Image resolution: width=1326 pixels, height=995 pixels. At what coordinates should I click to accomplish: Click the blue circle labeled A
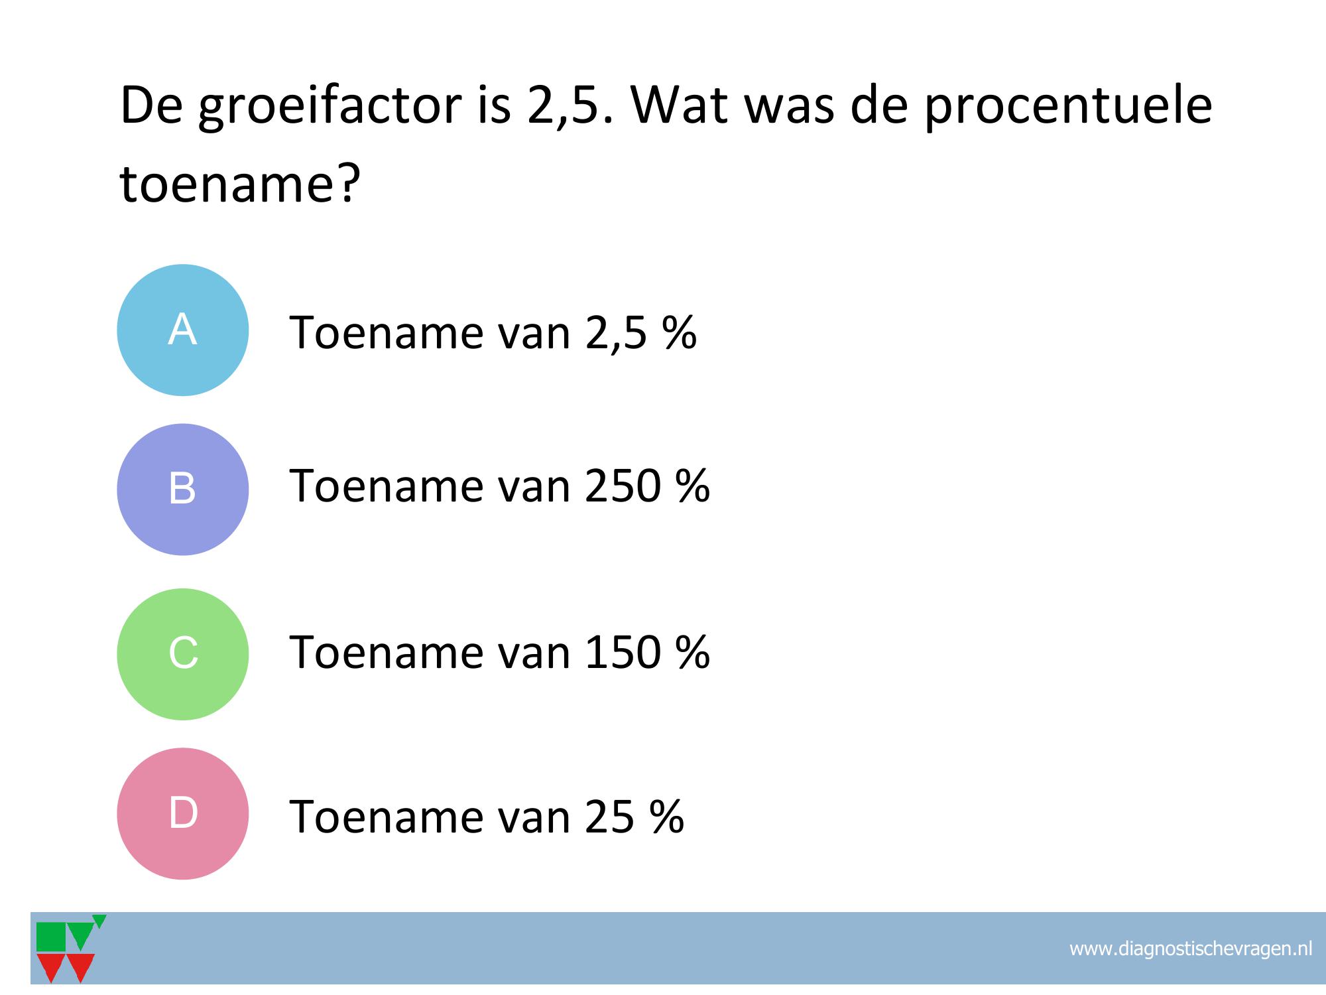coord(182,330)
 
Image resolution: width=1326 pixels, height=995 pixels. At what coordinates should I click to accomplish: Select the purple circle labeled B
coord(182,489)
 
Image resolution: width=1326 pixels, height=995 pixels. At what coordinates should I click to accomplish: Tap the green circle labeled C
coord(182,654)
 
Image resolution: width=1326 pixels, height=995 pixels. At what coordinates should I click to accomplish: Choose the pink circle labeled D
coord(182,813)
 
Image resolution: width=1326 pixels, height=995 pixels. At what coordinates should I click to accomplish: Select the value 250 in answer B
coord(623,486)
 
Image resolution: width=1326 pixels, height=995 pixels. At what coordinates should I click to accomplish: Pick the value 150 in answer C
coord(623,652)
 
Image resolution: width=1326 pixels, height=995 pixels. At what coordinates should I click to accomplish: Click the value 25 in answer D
coord(610,817)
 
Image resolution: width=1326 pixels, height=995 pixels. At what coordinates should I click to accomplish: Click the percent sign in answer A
coord(679,332)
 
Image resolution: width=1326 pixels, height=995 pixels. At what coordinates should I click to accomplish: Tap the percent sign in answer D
coord(666,816)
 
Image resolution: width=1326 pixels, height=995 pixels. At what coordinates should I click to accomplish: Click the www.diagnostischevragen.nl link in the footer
coord(1191,949)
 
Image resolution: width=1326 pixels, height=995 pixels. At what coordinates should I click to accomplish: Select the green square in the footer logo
coord(51,937)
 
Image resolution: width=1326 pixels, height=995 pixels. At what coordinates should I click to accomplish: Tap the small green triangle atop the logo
coord(99,920)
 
